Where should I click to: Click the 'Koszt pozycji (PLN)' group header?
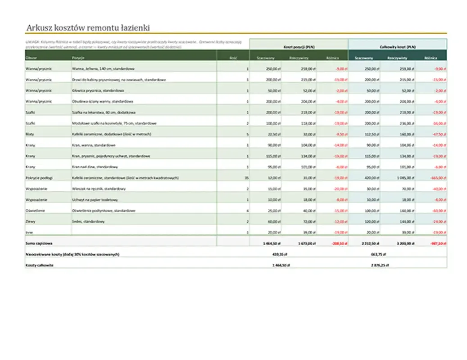[x=299, y=47]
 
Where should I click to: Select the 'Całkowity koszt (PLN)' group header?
[x=398, y=47]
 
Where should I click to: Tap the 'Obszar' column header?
[x=31, y=58]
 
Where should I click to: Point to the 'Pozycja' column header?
[x=78, y=58]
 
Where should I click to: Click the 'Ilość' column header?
[x=233, y=58]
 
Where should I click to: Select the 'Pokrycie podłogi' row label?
[x=36, y=178]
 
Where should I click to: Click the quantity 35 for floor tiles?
[x=246, y=178]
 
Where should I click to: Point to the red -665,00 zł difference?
[x=438, y=178]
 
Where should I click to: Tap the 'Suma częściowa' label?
[x=39, y=243]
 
